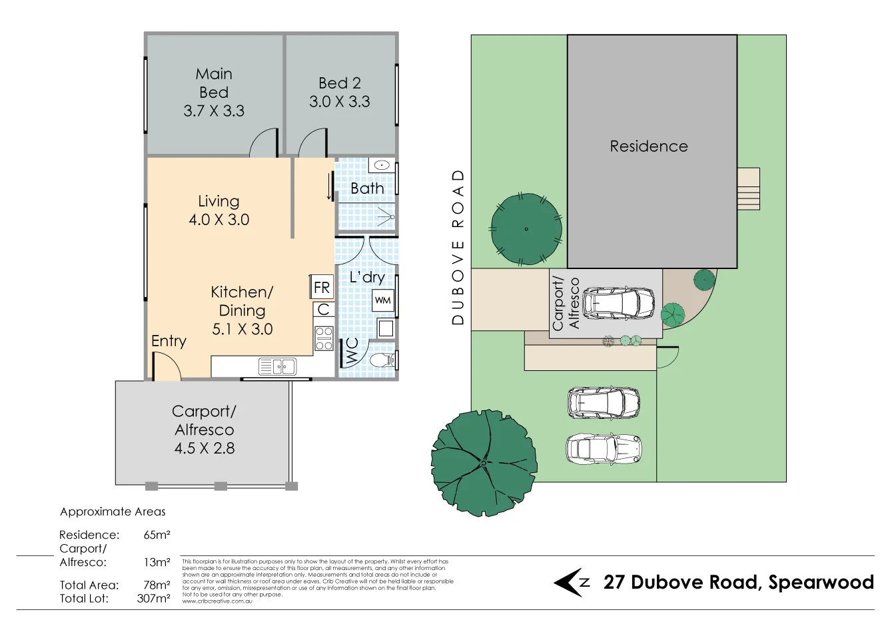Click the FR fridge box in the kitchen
click(322, 287)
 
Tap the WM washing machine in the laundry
click(383, 300)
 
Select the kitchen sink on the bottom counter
click(278, 366)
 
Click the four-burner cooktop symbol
click(324, 338)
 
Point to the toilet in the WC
click(382, 361)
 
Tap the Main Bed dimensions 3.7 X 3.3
click(214, 111)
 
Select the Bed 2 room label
click(339, 83)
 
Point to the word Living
click(219, 201)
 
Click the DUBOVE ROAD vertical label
click(458, 247)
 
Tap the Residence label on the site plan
click(649, 147)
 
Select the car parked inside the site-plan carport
click(618, 303)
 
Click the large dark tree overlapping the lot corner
click(484, 462)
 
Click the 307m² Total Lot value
click(153, 598)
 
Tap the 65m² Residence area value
click(157, 535)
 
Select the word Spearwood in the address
click(821, 582)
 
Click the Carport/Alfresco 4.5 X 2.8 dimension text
click(205, 448)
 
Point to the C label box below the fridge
click(324, 310)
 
